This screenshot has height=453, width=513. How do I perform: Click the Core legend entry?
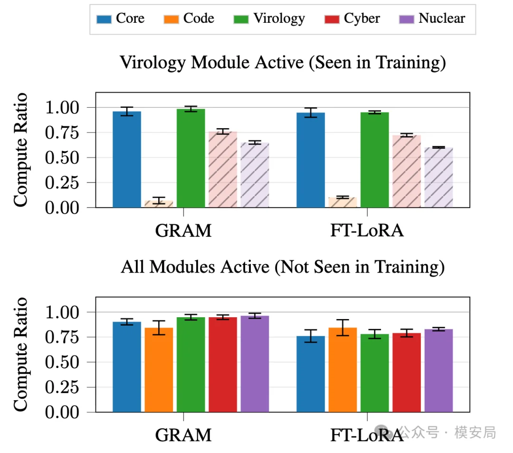tap(120, 19)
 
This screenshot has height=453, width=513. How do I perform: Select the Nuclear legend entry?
tap(432, 19)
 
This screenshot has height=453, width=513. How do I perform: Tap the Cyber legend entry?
tap(352, 19)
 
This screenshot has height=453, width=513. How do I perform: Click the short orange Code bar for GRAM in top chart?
tap(159, 204)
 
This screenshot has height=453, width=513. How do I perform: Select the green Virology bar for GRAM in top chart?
tap(191, 158)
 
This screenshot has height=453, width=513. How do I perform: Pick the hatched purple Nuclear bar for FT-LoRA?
tap(439, 178)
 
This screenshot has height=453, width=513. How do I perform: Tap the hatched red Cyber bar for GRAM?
tap(223, 170)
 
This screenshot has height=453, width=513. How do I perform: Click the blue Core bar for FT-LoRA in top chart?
tap(311, 160)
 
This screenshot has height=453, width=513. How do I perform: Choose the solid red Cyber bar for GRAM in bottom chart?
tap(223, 365)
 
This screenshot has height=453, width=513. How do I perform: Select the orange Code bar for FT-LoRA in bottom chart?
tap(343, 370)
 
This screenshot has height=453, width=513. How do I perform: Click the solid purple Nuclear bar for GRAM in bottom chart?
tap(255, 364)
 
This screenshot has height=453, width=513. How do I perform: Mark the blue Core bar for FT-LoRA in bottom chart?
tap(311, 374)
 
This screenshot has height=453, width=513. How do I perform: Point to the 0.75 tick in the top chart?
tap(62, 132)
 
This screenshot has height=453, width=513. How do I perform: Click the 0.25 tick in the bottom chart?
tap(62, 387)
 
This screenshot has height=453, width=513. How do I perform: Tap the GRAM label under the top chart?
tap(183, 231)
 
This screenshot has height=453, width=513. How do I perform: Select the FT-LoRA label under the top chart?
tap(367, 231)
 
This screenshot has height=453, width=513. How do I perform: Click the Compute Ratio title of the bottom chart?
tap(20, 354)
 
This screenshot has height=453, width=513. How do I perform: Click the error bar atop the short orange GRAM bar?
tap(159, 200)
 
